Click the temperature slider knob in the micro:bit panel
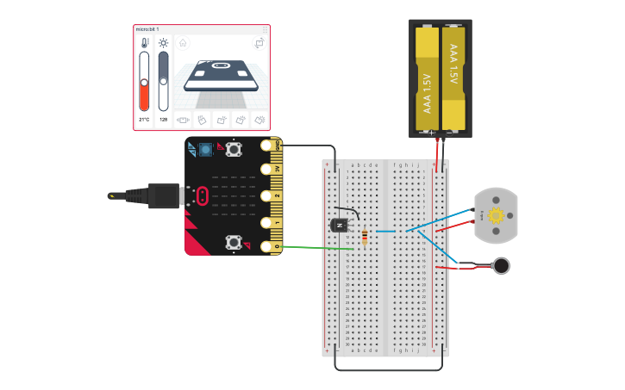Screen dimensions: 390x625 [144, 84]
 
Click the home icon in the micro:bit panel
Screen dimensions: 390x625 [183, 42]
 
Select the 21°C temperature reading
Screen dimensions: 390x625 [144, 120]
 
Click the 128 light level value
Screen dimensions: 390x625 [164, 120]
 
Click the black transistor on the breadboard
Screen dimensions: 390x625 [339, 225]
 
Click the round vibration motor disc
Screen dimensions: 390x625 [501, 265]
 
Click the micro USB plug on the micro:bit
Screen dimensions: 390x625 [164, 195]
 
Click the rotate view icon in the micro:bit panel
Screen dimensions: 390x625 [259, 43]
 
